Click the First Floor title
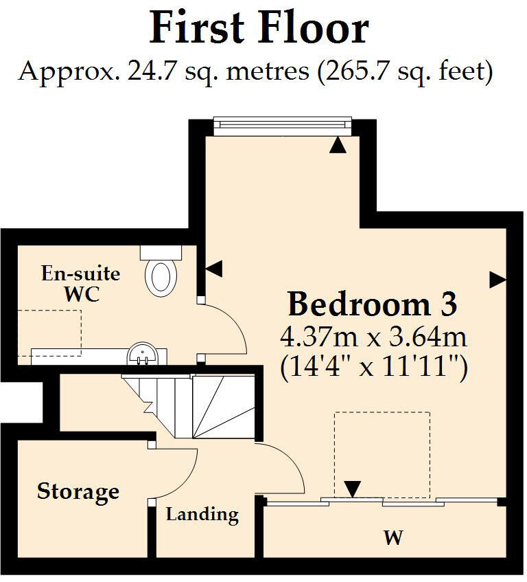tap(259, 29)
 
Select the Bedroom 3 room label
tap(372, 303)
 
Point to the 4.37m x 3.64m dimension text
tap(373, 337)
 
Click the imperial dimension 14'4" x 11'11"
tap(374, 370)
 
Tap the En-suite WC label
tap(81, 284)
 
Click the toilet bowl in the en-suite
tap(162, 276)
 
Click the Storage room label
tap(78, 491)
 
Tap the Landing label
tap(202, 514)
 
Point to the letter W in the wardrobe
tap(393, 537)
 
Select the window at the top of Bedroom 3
tap(282, 123)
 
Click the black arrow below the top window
tap(336, 145)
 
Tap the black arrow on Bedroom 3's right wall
tap(497, 280)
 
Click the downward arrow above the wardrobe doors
tap(352, 489)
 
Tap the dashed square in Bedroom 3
tap(382, 454)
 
